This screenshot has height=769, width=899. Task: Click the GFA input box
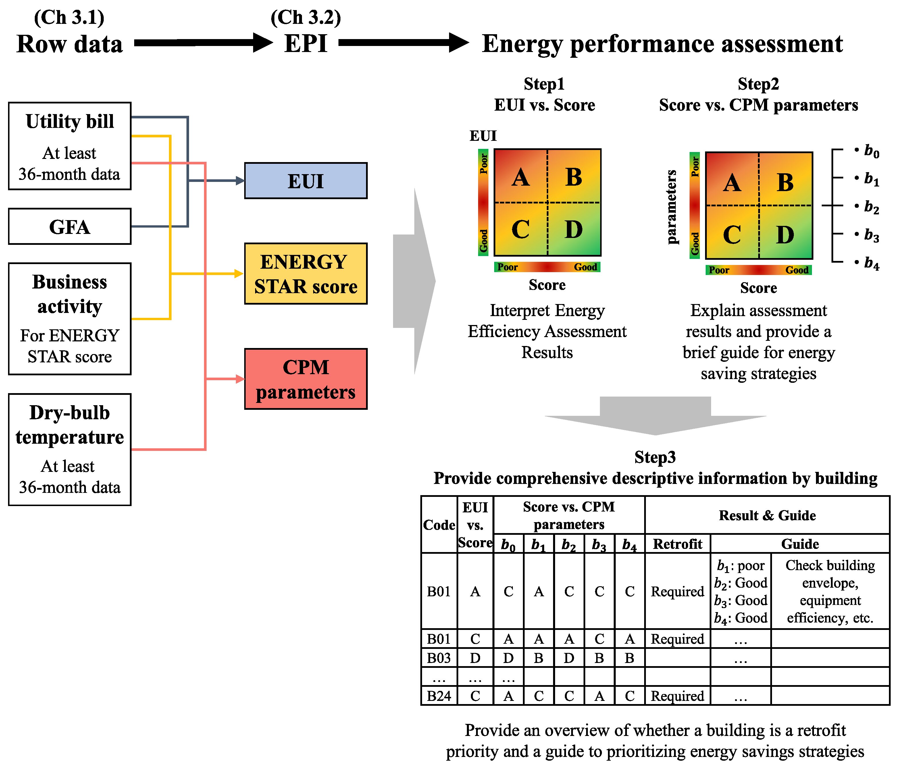click(x=70, y=226)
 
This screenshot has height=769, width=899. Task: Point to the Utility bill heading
click(x=70, y=122)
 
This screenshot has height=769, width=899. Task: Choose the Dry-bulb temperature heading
click(x=70, y=425)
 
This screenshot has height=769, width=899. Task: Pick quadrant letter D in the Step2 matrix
click(x=785, y=235)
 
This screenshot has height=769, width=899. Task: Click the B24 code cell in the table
click(x=439, y=696)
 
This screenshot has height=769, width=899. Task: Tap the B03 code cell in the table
click(x=439, y=658)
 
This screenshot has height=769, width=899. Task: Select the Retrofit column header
click(x=677, y=544)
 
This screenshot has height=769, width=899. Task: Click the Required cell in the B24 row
click(x=677, y=696)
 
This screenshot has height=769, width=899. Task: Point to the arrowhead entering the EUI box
click(x=240, y=180)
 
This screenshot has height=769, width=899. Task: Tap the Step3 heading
click(x=655, y=457)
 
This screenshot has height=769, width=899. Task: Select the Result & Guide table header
click(x=767, y=515)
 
